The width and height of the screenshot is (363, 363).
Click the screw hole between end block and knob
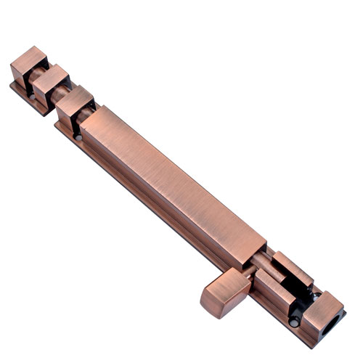click(293, 320)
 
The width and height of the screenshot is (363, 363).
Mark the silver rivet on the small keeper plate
click(33, 94)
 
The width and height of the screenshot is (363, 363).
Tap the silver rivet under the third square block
click(77, 135)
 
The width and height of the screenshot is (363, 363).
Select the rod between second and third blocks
click(65, 94)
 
